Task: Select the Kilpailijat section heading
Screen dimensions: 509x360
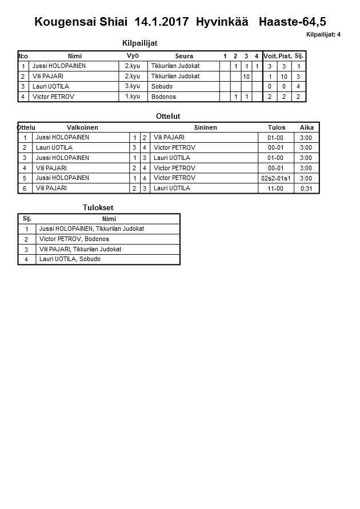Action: click(139, 43)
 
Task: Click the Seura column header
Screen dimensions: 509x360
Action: click(184, 56)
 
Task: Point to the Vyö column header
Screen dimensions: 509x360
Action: click(133, 55)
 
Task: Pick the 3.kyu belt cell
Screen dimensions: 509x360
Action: click(133, 86)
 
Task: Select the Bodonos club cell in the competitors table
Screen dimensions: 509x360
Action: click(163, 97)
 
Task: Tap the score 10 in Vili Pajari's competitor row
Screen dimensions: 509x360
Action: click(246, 77)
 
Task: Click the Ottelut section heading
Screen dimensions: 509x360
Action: click(168, 117)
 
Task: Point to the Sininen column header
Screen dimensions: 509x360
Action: click(205, 127)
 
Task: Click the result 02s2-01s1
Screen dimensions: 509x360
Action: click(276, 178)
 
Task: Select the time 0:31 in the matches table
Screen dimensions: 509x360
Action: click(306, 189)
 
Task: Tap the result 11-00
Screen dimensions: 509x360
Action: click(276, 189)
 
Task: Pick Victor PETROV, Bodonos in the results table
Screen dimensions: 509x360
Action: click(74, 239)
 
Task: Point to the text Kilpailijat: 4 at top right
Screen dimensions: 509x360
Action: click(323, 35)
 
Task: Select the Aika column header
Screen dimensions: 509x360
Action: click(306, 127)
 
